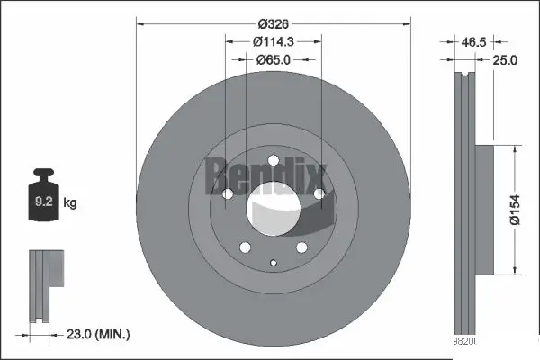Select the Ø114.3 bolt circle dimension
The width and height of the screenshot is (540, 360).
point(274,40)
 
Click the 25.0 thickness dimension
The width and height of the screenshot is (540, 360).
point(506,60)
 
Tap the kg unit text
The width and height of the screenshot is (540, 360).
point(70,203)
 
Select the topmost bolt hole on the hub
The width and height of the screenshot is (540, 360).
point(273,163)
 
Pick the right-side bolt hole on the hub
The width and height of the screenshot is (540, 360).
point(319,193)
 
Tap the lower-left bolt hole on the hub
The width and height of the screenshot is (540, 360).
point(243,250)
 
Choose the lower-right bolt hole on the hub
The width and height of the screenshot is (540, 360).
point(301,250)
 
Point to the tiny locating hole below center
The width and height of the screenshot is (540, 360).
point(273,263)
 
